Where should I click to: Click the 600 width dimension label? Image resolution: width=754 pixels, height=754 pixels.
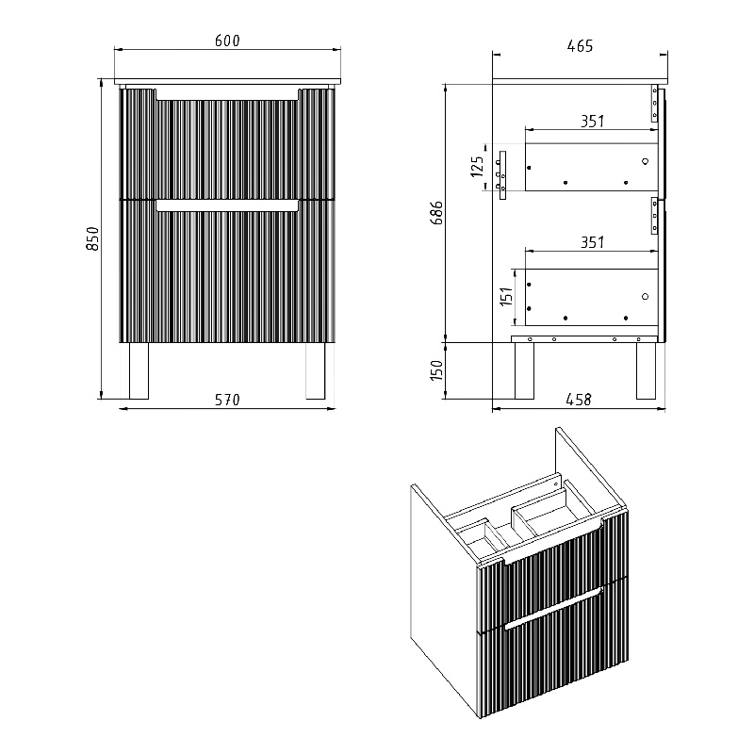pyautogui.click(x=227, y=41)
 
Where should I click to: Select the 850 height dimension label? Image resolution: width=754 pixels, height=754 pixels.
pyautogui.click(x=91, y=238)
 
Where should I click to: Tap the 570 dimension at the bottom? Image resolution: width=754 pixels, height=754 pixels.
pyautogui.click(x=227, y=400)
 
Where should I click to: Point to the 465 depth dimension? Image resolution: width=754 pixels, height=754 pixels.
pyautogui.click(x=580, y=46)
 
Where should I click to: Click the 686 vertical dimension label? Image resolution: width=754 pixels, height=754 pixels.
pyautogui.click(x=437, y=213)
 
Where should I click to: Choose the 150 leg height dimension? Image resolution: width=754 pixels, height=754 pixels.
pyautogui.click(x=436, y=370)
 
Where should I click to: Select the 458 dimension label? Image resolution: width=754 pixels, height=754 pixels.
pyautogui.click(x=579, y=400)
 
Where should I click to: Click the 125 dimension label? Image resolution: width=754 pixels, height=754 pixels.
pyautogui.click(x=477, y=167)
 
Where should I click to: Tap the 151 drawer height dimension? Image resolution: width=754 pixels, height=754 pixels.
pyautogui.click(x=506, y=297)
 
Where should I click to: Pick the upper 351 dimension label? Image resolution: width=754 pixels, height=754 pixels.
pyautogui.click(x=592, y=122)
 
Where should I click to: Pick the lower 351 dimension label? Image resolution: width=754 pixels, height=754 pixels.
pyautogui.click(x=592, y=242)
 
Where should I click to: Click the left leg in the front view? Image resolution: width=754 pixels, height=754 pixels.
pyautogui.click(x=139, y=370)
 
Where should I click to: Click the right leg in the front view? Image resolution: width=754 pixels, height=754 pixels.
pyautogui.click(x=316, y=370)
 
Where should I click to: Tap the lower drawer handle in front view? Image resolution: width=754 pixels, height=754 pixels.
pyautogui.click(x=227, y=206)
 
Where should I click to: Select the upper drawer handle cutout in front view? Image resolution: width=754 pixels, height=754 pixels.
pyautogui.click(x=227, y=94)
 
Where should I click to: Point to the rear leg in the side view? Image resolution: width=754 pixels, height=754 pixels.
pyautogui.click(x=524, y=370)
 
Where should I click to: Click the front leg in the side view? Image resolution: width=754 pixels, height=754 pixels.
pyautogui.click(x=646, y=370)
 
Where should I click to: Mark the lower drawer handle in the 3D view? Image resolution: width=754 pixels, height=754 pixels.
pyautogui.click(x=553, y=608)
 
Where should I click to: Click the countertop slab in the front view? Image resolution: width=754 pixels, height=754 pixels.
pyautogui.click(x=227, y=81)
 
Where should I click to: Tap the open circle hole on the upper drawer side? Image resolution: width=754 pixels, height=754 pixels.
pyautogui.click(x=645, y=161)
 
